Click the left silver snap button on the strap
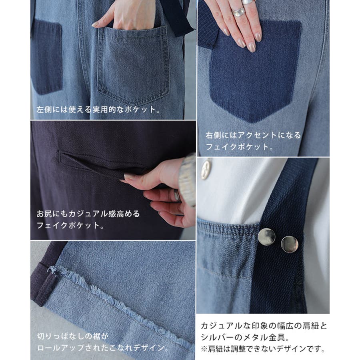[x=266, y=237]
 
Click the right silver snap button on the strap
[x=290, y=244]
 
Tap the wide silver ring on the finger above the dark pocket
[x=238, y=12]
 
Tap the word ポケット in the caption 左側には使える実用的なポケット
[x=140, y=110]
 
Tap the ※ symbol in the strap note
[x=204, y=349]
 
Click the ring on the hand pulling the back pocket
[x=176, y=195]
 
